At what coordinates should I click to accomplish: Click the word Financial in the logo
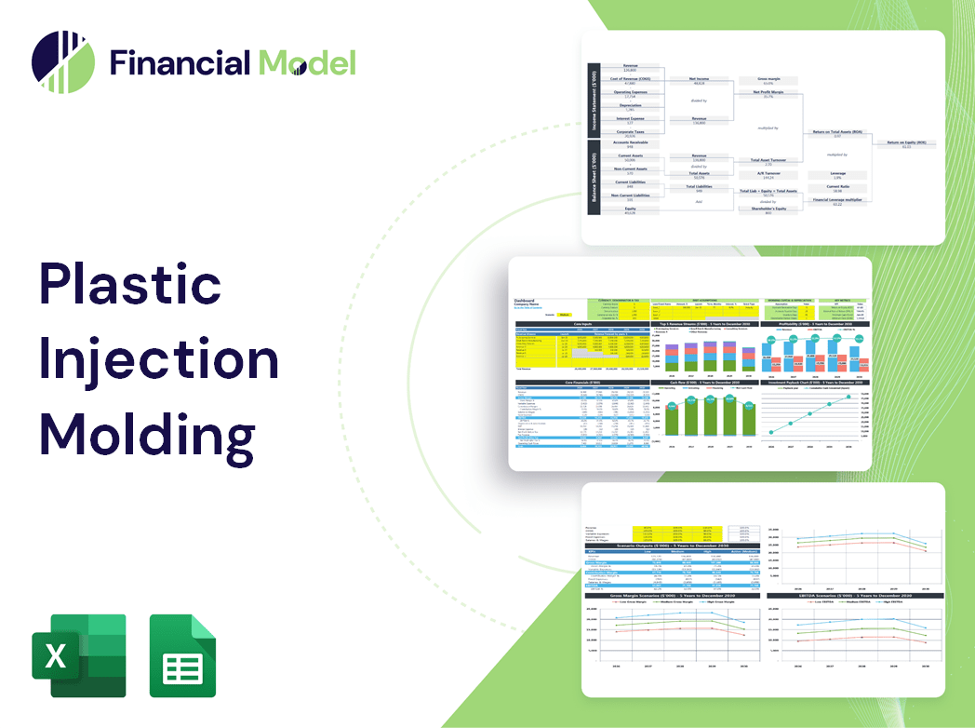tap(179, 62)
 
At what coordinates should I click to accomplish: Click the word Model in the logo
tap(307, 62)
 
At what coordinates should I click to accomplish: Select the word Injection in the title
tap(158, 360)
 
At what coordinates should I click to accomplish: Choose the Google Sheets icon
tap(182, 655)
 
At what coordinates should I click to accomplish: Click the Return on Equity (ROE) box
tap(906, 144)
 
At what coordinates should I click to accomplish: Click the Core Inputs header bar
tap(582, 324)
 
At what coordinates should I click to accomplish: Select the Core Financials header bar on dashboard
tap(582, 382)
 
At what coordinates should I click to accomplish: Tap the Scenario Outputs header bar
tap(669, 546)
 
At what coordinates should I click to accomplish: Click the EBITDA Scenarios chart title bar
tap(841, 595)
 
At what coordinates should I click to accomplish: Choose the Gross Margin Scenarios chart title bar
tap(669, 595)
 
